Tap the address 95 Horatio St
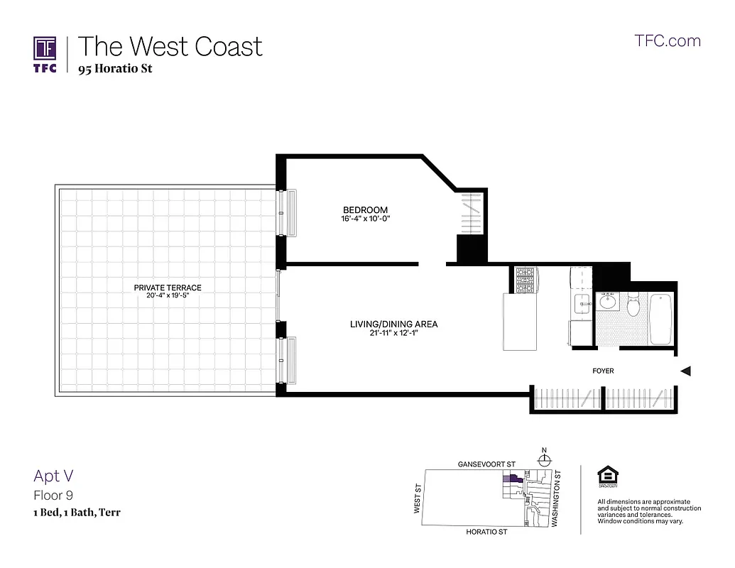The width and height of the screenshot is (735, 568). pos(115,69)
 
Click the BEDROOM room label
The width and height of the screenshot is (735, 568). pos(365,209)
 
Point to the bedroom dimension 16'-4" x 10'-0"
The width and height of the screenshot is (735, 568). pos(366,219)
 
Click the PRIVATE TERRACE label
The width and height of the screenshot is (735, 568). pos(168,288)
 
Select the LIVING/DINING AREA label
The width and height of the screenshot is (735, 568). pos(393,324)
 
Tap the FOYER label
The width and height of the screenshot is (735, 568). pos(603,371)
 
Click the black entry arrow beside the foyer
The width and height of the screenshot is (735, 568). pos(685,371)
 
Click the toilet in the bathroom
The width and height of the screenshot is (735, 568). pos(635,305)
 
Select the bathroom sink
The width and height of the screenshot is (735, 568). pos(608,302)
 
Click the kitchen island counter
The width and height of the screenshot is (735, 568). pos(525,322)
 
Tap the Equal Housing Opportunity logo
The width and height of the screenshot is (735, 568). pos(607,478)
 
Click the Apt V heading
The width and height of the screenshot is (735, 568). pos(53,476)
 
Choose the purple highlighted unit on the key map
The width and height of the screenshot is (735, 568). pos(510,480)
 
